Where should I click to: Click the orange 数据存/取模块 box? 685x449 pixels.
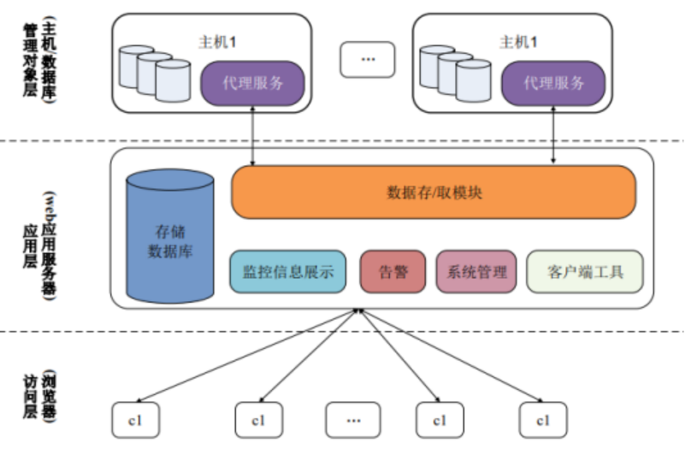434,192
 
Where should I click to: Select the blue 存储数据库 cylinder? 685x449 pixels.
170,239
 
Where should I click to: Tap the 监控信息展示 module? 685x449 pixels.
287,273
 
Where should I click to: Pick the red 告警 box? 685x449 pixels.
392,273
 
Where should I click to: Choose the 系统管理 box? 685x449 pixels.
476,273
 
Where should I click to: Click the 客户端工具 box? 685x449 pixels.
584,273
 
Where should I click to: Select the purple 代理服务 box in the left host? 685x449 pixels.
252,84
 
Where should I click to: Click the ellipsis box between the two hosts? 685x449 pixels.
368,59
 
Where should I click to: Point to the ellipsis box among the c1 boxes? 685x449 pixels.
352,419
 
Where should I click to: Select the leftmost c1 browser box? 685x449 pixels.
134,419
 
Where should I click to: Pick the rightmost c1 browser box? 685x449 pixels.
542,419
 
